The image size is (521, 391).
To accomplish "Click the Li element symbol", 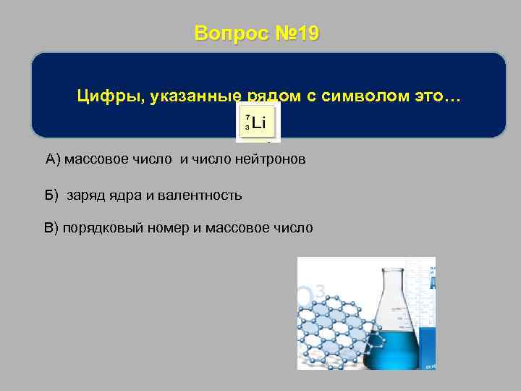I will [259, 123].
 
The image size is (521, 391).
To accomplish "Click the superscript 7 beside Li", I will [247, 117].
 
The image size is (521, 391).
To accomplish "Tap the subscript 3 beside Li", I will [247, 127].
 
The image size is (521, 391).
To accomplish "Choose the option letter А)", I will [54, 159].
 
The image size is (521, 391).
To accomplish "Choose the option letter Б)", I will [51, 195].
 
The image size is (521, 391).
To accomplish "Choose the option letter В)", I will [51, 228].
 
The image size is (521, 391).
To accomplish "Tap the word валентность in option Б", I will [206, 195].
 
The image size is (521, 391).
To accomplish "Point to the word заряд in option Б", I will [85, 195].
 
